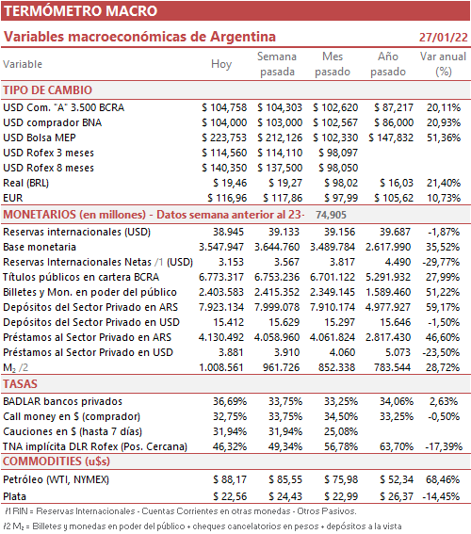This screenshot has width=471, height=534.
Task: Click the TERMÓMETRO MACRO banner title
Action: pyautogui.click(x=80, y=11)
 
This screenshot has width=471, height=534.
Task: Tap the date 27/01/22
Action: pyautogui.click(x=443, y=37)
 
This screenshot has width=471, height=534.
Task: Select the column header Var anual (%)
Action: pyautogui.click(x=443, y=64)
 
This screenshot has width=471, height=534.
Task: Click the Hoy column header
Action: pyautogui.click(x=221, y=64)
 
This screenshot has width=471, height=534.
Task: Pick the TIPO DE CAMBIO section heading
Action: pyautogui.click(x=48, y=90)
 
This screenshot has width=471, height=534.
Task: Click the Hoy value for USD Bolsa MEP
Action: pyautogui.click(x=224, y=138)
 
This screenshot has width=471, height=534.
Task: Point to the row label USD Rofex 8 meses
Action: pyautogui.click(x=48, y=168)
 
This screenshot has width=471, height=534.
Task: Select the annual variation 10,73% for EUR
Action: pyautogui.click(x=444, y=198)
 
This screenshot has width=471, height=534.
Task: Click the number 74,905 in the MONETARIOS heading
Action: pyautogui.click(x=331, y=215)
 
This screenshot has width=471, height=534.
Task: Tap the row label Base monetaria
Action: pyautogui.click(x=40, y=247)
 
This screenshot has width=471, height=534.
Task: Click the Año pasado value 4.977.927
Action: pyautogui.click(x=388, y=307)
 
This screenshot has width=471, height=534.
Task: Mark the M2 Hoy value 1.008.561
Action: pyautogui.click(x=221, y=367)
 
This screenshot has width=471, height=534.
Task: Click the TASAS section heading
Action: pyautogui.click(x=20, y=384)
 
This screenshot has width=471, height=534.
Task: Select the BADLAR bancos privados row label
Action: pyautogui.click(x=63, y=401)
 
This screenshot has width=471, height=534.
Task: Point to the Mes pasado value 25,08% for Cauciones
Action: pyautogui.click(x=341, y=431)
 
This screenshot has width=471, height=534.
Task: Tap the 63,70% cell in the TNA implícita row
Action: pyautogui.click(x=397, y=446)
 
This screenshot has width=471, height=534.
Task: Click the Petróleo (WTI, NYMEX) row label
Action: pyautogui.click(x=56, y=479)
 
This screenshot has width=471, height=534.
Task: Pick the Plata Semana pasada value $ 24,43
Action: pyautogui.click(x=285, y=496)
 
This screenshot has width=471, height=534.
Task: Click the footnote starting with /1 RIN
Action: pyautogui.click(x=181, y=511)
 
